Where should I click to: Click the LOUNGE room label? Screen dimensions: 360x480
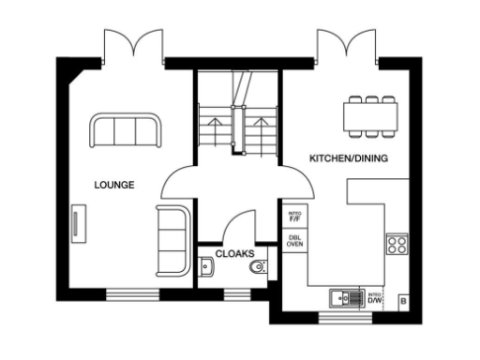pos(114,185)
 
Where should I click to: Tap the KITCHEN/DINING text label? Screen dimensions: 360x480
pos(348,158)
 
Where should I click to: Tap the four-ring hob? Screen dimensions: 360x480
pos(397,244)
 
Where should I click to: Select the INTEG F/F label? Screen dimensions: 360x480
pos(294,217)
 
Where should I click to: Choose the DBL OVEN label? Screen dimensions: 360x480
pos(294,239)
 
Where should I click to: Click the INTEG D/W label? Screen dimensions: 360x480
pos(375,298)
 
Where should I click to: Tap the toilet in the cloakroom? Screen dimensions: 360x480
pos(258,268)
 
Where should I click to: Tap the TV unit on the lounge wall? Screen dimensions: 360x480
pos(75,224)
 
